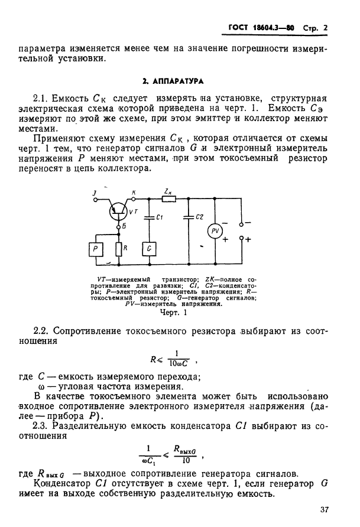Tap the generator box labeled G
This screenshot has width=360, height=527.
(x=148, y=249)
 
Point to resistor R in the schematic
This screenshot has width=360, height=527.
(x=119, y=249)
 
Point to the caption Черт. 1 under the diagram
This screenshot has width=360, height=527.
(x=174, y=313)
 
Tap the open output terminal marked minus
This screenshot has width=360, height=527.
(x=242, y=224)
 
